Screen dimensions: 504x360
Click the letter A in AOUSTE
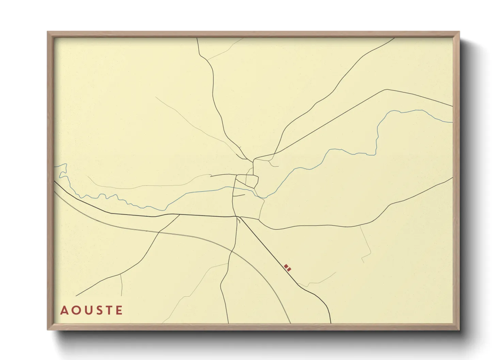64,310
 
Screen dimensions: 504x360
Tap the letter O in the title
75,310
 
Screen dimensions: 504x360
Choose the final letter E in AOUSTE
119,310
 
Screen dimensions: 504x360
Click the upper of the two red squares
286,266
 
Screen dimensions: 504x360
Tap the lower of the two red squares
289,269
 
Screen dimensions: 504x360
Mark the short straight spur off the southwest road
122,284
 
